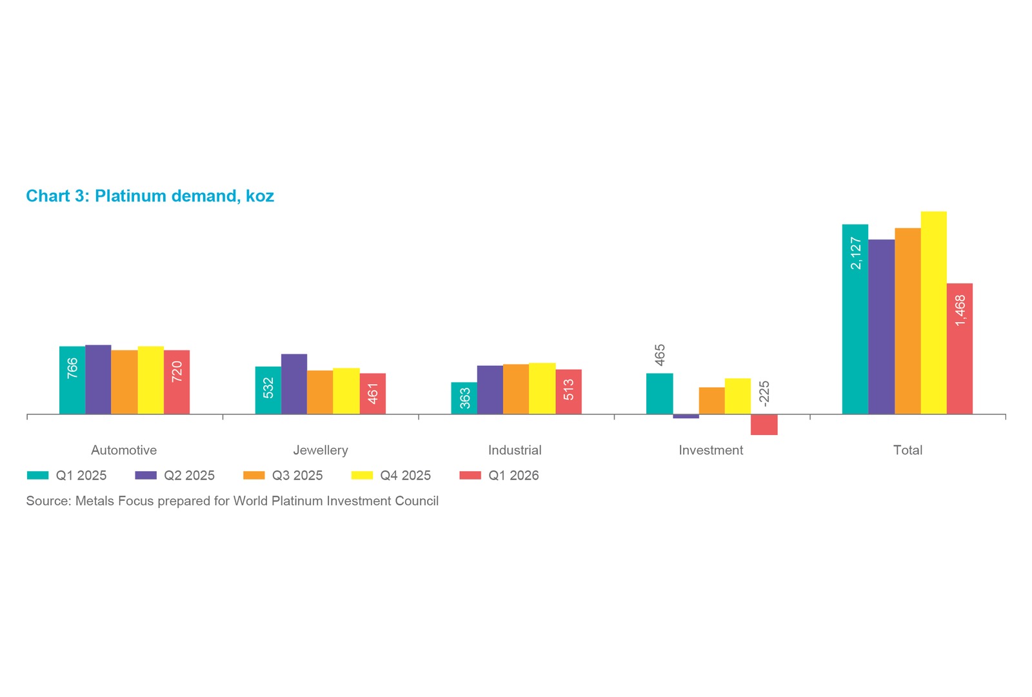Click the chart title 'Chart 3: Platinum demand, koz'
[x=150, y=196]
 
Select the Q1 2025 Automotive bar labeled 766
[x=72, y=380]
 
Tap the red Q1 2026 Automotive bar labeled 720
[x=177, y=382]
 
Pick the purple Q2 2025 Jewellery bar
[x=294, y=384]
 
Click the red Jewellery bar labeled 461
[x=373, y=394]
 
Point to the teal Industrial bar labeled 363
[x=464, y=398]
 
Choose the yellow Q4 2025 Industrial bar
[x=542, y=389]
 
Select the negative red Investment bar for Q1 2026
[x=764, y=425]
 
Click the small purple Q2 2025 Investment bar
[x=686, y=416]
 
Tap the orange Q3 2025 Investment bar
[x=712, y=401]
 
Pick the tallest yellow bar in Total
[x=934, y=312]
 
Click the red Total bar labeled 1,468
[x=960, y=348]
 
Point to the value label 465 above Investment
[x=660, y=355]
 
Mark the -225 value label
[x=764, y=394]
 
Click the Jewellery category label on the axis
[x=321, y=450]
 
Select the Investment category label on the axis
[x=711, y=450]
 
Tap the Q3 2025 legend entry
[x=283, y=475]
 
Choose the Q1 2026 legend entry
[x=499, y=475]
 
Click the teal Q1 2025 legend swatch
[x=38, y=475]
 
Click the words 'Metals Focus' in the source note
[x=114, y=501]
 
